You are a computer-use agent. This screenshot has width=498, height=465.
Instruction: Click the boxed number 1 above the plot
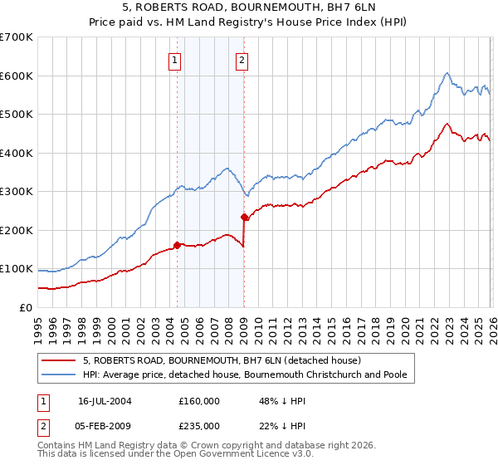(176, 60)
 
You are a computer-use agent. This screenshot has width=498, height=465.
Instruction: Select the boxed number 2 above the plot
(242, 60)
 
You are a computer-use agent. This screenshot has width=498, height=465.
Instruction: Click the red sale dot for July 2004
(178, 245)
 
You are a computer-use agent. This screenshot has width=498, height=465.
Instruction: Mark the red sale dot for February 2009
(244, 217)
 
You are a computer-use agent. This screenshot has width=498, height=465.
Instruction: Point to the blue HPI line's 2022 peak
(447, 73)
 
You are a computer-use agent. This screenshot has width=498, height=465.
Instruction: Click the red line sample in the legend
(58, 361)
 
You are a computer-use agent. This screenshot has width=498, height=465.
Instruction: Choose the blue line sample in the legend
(58, 375)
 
